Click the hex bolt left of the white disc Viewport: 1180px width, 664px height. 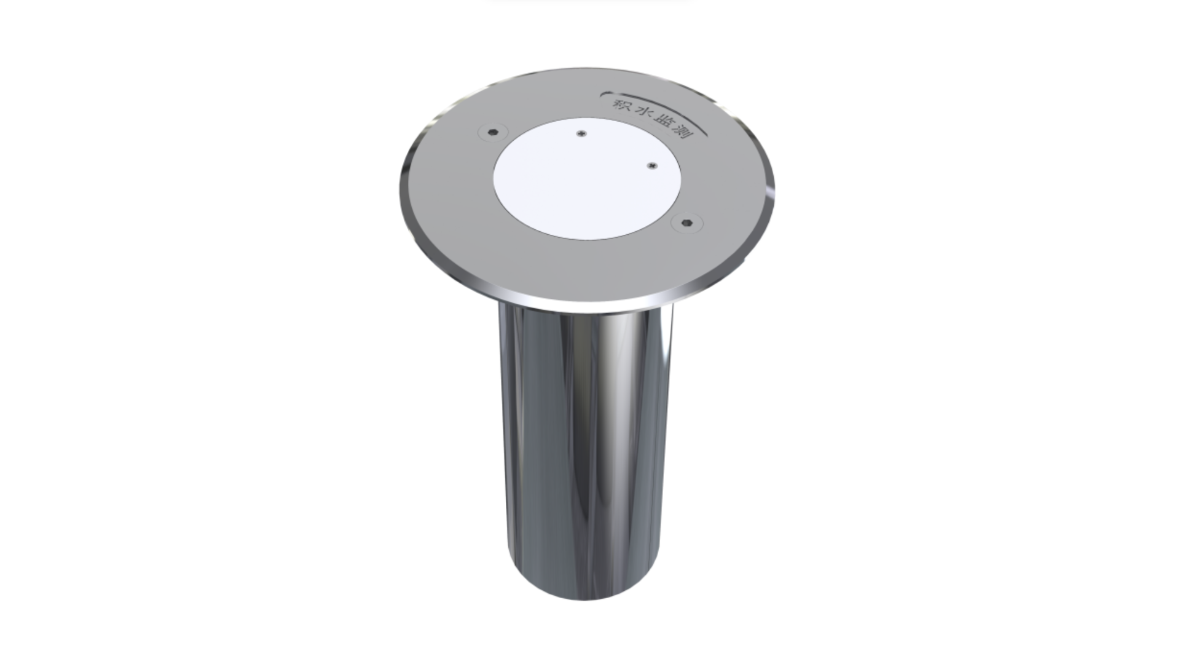pyautogui.click(x=493, y=132)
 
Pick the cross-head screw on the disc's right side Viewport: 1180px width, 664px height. pyautogui.click(x=652, y=165)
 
